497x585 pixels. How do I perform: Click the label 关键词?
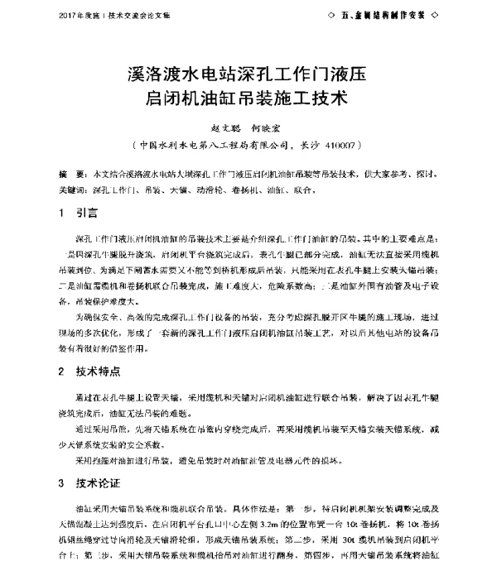(x=73, y=189)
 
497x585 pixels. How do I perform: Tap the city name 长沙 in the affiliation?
(x=310, y=145)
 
